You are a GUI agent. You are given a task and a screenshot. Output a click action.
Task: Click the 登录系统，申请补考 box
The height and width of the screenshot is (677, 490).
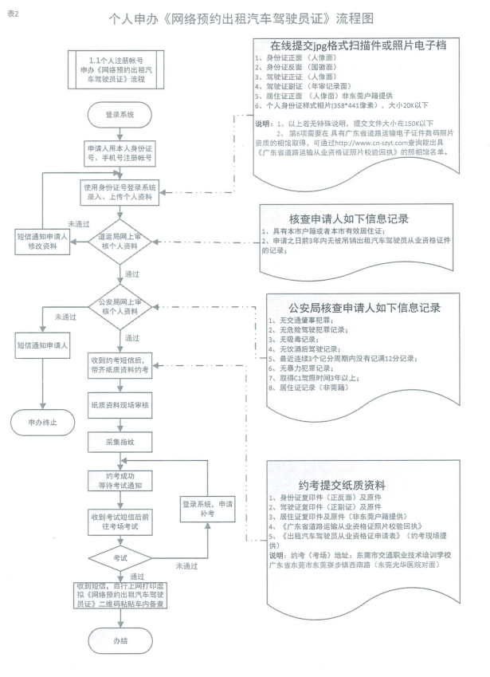tap(206, 509)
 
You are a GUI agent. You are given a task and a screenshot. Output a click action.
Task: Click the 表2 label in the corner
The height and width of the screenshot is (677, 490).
tap(11, 14)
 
